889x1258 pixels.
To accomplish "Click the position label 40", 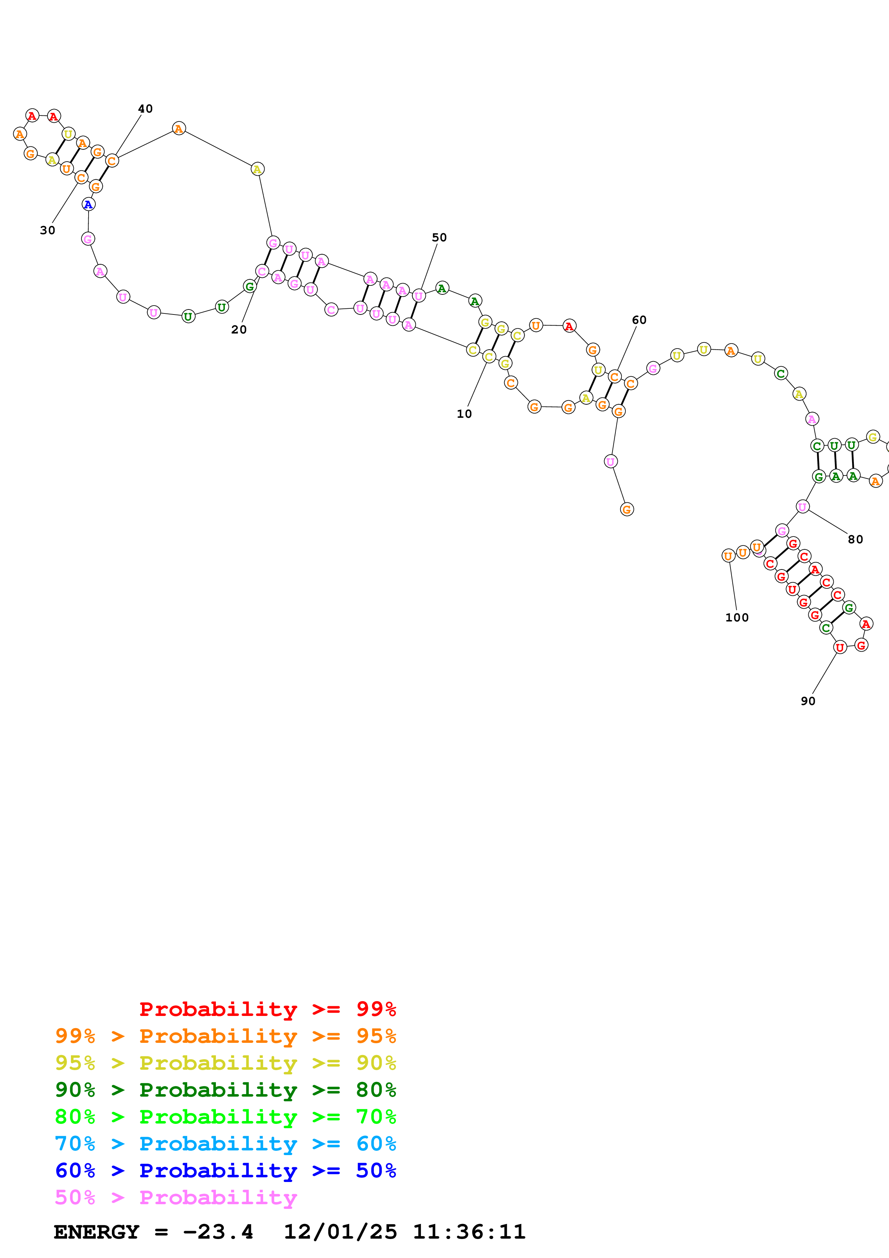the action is (145, 109).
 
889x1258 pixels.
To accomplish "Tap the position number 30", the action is (48, 230).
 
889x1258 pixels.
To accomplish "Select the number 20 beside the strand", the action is (239, 329).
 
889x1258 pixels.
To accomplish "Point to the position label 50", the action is (439, 237).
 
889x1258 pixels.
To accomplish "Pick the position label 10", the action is (464, 414).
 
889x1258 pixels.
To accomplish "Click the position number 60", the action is (639, 320).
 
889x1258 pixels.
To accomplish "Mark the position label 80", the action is (856, 539).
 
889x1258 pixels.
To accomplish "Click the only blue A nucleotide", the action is (88, 204).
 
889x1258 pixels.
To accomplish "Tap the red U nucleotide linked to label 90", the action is (840, 648).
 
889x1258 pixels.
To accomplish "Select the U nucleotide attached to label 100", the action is (728, 556).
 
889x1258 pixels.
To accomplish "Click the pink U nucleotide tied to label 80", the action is (803, 507).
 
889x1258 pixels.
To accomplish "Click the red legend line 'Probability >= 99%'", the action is (267, 1009).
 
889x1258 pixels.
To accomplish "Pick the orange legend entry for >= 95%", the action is (225, 1036).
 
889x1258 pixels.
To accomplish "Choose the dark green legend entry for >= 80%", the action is (225, 1090).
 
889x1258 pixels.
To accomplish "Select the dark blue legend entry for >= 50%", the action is (225, 1170).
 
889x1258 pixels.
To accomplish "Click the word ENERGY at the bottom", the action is (96, 1232).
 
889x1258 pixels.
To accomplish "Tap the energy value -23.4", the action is (218, 1232).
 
